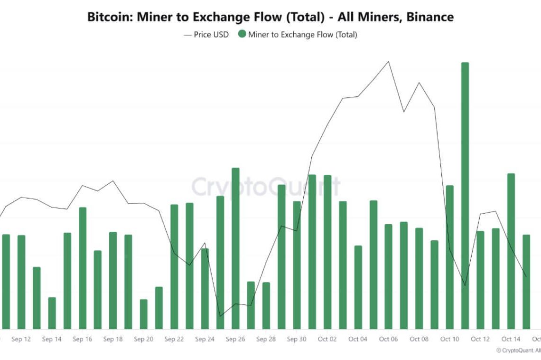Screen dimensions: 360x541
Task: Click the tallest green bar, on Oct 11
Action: pos(465,195)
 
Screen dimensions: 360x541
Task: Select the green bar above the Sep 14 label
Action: pos(52,313)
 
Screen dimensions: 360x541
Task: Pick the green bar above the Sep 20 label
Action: pos(143,314)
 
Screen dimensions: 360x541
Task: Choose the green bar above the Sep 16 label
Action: pos(83,268)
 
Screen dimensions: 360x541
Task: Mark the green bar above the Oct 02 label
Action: pos(327,252)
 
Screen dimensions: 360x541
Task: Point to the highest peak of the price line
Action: pos(389,62)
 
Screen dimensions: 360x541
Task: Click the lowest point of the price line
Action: pos(220,316)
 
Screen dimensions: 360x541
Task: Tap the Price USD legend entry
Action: pos(206,34)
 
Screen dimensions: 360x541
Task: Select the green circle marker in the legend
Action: pos(242,34)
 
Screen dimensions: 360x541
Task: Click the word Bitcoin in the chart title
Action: pos(109,17)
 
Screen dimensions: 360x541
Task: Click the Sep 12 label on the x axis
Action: pos(21,339)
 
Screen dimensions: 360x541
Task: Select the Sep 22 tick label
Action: pos(174,339)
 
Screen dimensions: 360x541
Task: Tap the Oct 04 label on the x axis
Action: pos(358,339)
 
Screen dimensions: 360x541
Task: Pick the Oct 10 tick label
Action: pos(449,339)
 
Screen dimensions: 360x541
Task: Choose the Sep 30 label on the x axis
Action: pos(296,339)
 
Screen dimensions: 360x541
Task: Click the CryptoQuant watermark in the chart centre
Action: pos(266,187)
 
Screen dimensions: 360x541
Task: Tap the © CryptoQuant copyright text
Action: pos(518,351)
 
